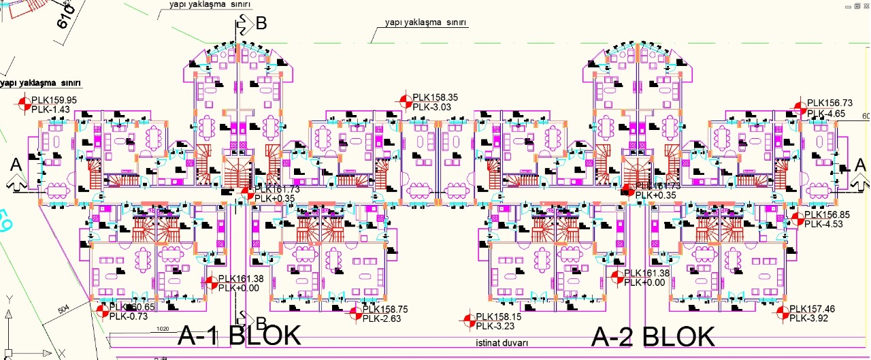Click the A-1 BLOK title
pos(239,336)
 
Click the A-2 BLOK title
pos(653,336)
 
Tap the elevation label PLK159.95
pos(54,100)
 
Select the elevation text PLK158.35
pos(435,97)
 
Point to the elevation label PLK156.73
pos(829,103)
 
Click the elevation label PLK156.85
pos(827,214)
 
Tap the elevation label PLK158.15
pos(499,316)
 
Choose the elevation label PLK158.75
pos(384,309)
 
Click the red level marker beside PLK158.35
pos(406,101)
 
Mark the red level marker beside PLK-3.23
pos(468,321)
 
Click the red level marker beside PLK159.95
pos(24,104)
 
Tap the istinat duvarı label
pos(502,343)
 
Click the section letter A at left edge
pos(15,165)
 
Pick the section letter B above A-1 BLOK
pos(261,322)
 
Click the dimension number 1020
pos(162,329)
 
